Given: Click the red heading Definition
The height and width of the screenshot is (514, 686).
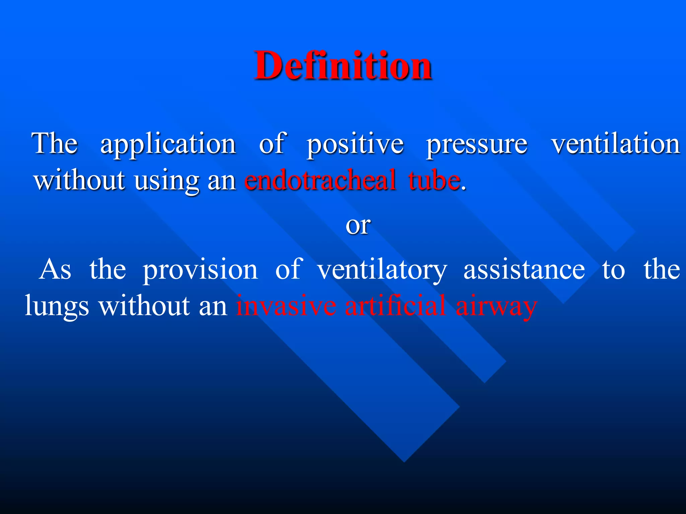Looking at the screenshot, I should [343, 65].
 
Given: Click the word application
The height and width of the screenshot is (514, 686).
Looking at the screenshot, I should [168, 144].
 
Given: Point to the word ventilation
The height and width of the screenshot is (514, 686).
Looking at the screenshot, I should [616, 144].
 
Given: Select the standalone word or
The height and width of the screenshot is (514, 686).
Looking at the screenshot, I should [358, 226].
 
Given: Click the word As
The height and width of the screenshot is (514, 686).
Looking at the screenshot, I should [55, 270].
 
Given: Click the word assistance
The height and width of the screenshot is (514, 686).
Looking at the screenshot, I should [524, 270].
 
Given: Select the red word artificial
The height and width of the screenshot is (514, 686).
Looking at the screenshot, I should [395, 305].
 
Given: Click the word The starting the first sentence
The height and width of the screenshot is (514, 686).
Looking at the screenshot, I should [55, 144].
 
